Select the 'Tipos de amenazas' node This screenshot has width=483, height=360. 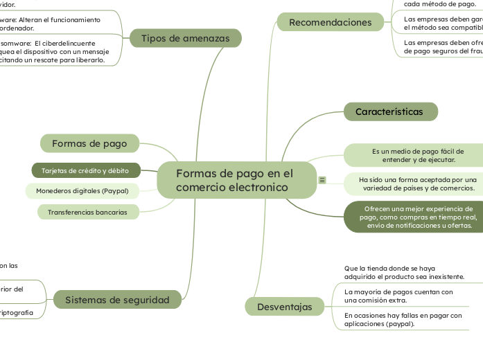click(x=185, y=38)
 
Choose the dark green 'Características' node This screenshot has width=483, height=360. click(x=390, y=111)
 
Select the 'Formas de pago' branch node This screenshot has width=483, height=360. click(x=90, y=143)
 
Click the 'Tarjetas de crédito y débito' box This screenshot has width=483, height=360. click(x=86, y=170)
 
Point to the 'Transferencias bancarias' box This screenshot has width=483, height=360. click(x=87, y=212)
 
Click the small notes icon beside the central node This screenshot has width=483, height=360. click(x=322, y=180)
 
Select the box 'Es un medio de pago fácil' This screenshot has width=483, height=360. click(x=418, y=155)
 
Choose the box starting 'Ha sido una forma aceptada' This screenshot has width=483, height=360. click(x=418, y=183)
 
